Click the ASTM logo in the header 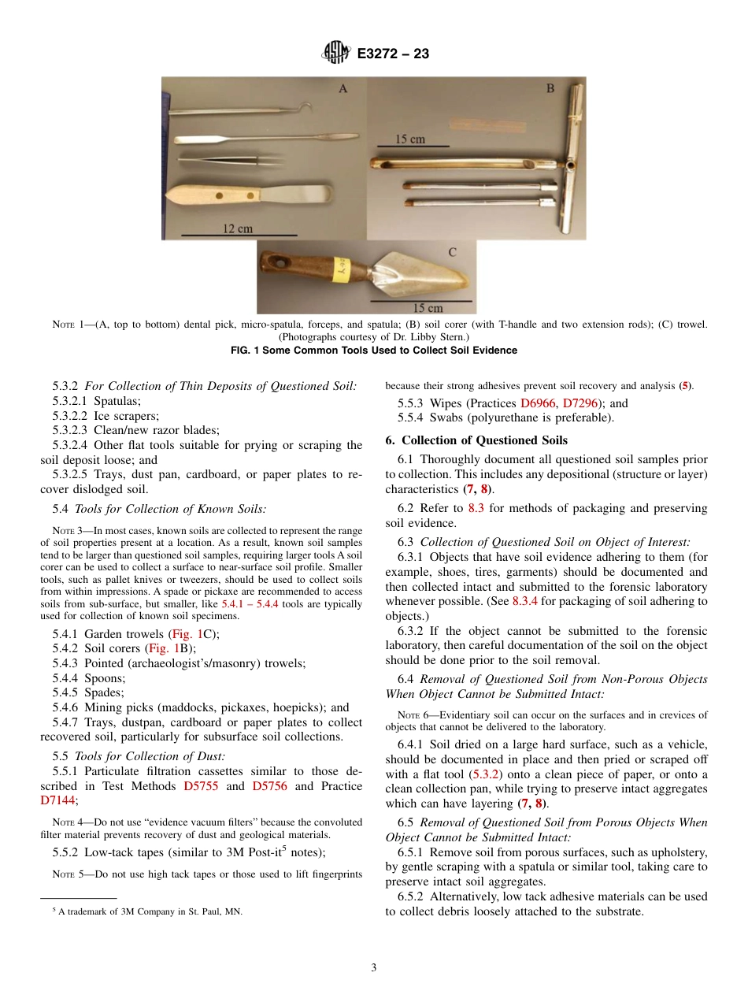(336, 54)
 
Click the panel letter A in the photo (343, 89)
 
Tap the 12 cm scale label (238, 228)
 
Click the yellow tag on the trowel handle (343, 271)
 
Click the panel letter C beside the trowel (453, 252)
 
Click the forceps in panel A (230, 161)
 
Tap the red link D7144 (57, 800)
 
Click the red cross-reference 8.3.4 (527, 601)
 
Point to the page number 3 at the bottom (374, 968)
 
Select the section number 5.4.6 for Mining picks (68, 707)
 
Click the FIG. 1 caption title (374, 351)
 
